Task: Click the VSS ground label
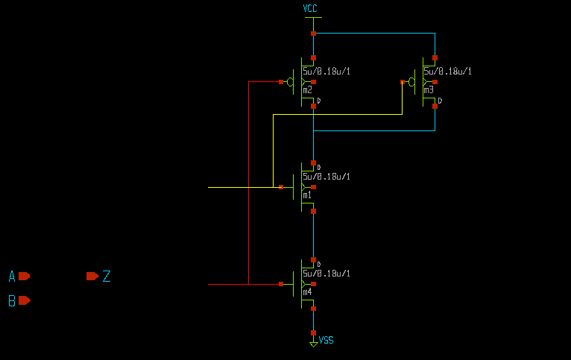[326, 341]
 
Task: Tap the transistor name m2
[307, 90]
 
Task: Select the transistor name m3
[428, 90]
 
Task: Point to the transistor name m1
[307, 195]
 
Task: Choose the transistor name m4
[307, 292]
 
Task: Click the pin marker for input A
[25, 277]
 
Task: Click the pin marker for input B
[25, 300]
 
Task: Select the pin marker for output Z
[92, 277]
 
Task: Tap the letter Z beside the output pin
[107, 277]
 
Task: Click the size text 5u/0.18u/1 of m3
[447, 72]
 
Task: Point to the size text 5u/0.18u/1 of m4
[326, 274]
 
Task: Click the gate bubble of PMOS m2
[291, 81]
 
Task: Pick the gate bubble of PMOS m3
[411, 81]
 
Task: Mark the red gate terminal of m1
[281, 187]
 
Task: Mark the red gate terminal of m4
[281, 284]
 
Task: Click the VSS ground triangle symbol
[314, 344]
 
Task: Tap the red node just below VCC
[313, 34]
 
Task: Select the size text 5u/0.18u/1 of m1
[326, 177]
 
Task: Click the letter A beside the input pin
[12, 277]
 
